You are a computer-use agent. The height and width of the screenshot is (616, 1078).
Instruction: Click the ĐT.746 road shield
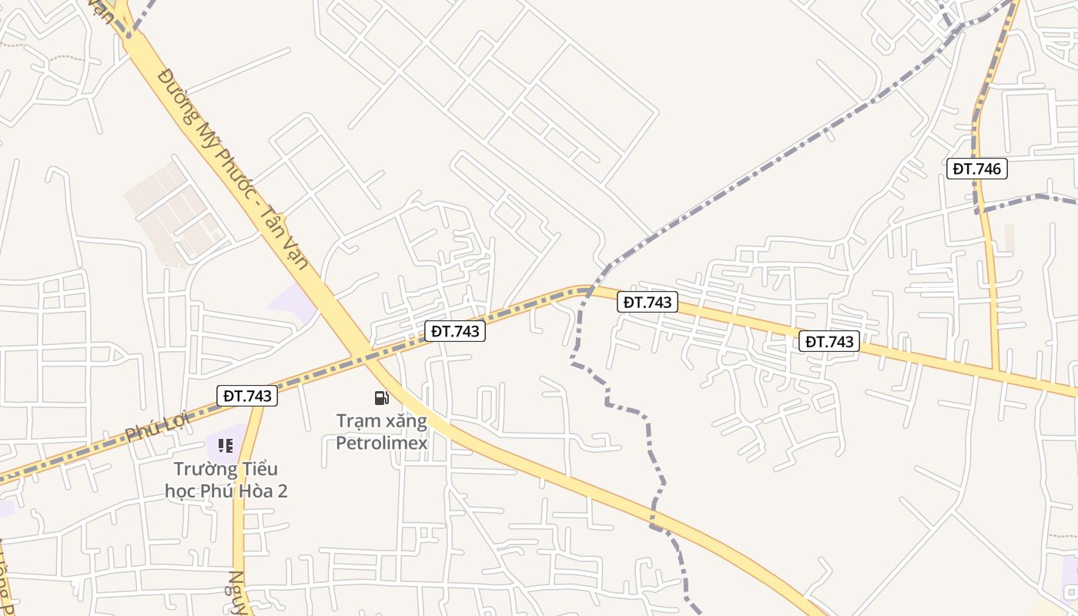(976, 169)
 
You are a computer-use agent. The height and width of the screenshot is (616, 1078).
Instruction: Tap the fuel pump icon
(381, 397)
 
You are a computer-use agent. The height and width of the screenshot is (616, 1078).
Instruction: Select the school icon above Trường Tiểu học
(225, 445)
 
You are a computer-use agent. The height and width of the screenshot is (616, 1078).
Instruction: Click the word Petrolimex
(381, 444)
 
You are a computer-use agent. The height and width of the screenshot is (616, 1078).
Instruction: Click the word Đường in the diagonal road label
(173, 89)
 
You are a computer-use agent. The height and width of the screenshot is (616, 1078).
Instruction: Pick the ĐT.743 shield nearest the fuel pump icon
(455, 331)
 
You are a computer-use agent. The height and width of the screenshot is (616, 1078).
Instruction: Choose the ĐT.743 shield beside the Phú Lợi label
(247, 396)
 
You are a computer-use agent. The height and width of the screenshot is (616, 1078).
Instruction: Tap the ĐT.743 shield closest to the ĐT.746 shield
(829, 341)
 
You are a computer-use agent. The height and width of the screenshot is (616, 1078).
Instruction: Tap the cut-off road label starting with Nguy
(238, 593)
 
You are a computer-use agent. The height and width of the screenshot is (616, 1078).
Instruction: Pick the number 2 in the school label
(283, 490)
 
